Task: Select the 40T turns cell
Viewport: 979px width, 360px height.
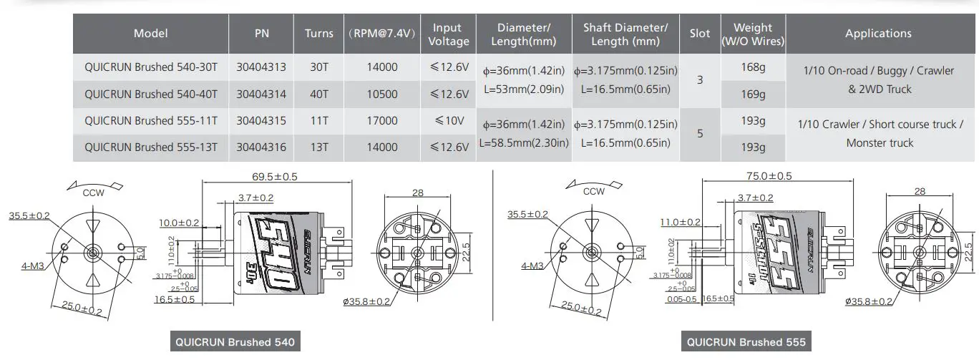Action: [318, 94]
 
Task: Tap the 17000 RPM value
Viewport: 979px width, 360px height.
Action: [381, 121]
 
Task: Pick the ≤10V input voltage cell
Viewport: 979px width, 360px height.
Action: [449, 121]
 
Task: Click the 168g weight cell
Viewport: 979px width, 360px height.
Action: [753, 67]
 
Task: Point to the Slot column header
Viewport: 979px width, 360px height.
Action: [699, 33]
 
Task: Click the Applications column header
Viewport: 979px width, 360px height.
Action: [878, 33]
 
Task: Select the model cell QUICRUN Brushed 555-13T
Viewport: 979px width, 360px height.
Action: [151, 147]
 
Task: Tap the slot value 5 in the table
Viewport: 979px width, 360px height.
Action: [699, 134]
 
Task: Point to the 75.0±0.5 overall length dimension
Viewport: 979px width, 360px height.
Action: [769, 176]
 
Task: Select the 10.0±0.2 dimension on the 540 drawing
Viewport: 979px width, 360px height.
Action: [179, 223]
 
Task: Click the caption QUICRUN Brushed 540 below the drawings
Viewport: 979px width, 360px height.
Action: [234, 342]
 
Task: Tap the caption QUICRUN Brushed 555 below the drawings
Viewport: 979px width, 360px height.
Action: [746, 342]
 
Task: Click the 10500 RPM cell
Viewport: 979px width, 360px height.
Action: [381, 94]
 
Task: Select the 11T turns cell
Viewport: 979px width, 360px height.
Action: [318, 121]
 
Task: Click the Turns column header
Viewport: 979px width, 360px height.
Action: [318, 33]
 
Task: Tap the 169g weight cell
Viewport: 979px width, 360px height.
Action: [753, 94]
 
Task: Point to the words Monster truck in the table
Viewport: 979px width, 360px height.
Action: [880, 143]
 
